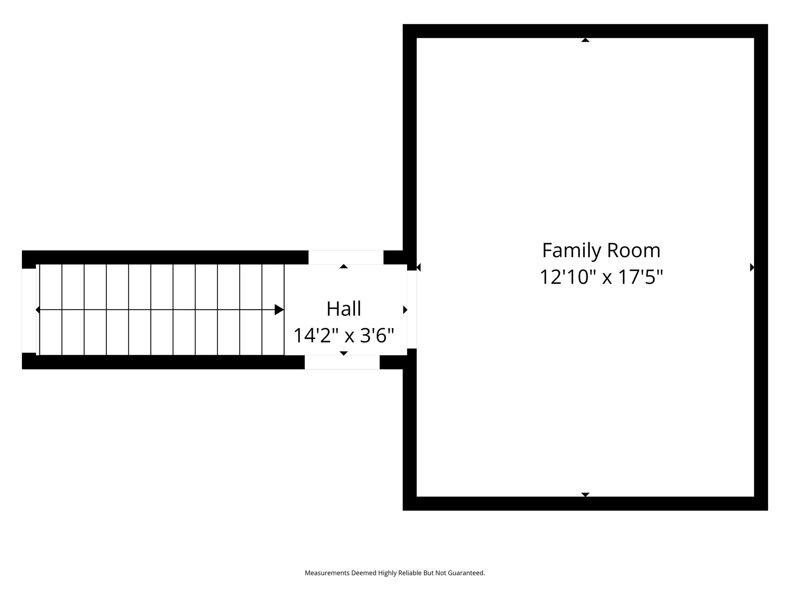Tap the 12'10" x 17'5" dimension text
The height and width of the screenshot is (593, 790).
[601, 277]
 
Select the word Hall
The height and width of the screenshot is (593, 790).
[344, 309]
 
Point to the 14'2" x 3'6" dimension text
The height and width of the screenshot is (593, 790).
[344, 335]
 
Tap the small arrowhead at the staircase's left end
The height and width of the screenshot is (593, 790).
[37, 310]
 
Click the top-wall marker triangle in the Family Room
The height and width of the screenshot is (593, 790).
[585, 40]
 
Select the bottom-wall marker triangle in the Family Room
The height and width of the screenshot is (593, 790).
[585, 495]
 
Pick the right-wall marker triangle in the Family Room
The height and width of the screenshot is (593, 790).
[752, 267]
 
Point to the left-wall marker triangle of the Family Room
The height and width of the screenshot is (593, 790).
[419, 267]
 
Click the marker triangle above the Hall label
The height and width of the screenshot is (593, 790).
[344, 266]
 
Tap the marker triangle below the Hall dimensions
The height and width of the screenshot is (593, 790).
[344, 353]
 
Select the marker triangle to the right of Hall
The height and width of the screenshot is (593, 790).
[405, 310]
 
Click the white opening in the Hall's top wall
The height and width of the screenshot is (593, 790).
[346, 258]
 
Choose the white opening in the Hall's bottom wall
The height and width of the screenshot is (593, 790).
[342, 362]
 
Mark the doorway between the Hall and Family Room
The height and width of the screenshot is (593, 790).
[412, 310]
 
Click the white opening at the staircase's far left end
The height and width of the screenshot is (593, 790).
[29, 311]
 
